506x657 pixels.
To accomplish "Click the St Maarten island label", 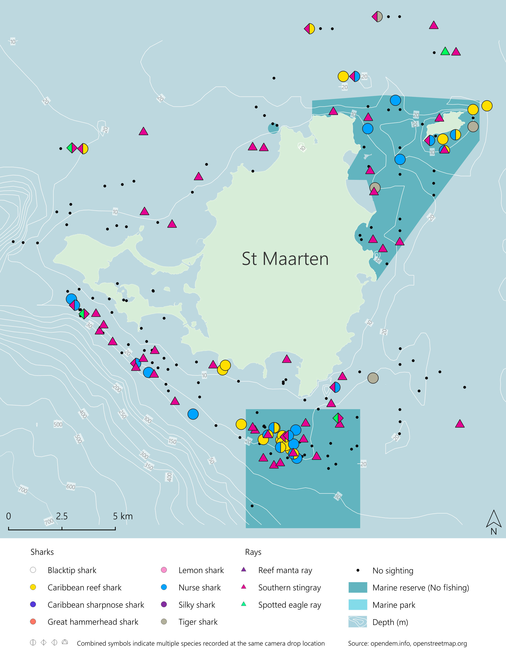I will (x=285, y=259).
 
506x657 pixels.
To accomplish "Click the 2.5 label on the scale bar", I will (x=62, y=516).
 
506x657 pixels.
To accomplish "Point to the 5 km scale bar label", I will (x=123, y=516).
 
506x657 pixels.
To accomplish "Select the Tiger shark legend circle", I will (x=164, y=622).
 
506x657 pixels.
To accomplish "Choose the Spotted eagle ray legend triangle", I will (x=243, y=604).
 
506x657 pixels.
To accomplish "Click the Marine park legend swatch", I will (x=357, y=605).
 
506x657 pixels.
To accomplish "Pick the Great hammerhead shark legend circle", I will (x=33, y=622).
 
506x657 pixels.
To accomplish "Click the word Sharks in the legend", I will (x=42, y=552).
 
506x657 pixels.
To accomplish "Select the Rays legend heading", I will (x=253, y=552).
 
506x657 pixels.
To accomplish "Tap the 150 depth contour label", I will (x=172, y=441).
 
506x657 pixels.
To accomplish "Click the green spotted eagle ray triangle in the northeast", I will (x=445, y=51).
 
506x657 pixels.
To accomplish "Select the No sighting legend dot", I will (x=358, y=570).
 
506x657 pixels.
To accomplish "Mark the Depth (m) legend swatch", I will (x=357, y=622).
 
